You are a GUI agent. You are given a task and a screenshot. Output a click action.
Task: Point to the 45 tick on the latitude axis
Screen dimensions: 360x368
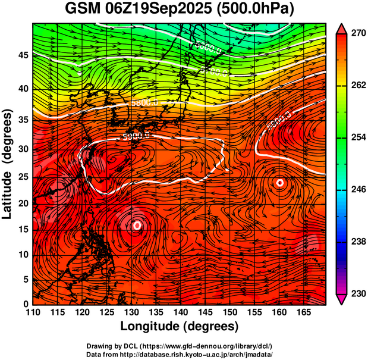[23, 55]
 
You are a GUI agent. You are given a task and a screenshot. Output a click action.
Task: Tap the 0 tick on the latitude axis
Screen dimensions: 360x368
[26, 305]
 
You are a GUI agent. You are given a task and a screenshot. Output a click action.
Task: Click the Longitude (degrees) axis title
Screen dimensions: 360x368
[180, 326]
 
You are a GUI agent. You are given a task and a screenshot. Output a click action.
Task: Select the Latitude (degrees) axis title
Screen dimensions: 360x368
[8, 164]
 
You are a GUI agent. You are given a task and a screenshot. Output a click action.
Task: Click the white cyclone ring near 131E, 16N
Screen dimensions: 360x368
[137, 226]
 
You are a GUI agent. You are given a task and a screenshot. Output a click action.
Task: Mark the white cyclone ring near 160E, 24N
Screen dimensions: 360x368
[280, 183]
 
